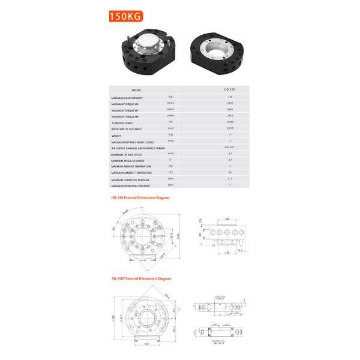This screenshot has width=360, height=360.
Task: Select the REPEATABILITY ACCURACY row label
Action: (x=125, y=129)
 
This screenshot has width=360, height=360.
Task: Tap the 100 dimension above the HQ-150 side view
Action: (x=227, y=220)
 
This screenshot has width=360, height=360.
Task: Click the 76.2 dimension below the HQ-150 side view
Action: (x=239, y=250)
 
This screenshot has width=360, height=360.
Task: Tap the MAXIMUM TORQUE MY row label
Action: (x=124, y=110)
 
